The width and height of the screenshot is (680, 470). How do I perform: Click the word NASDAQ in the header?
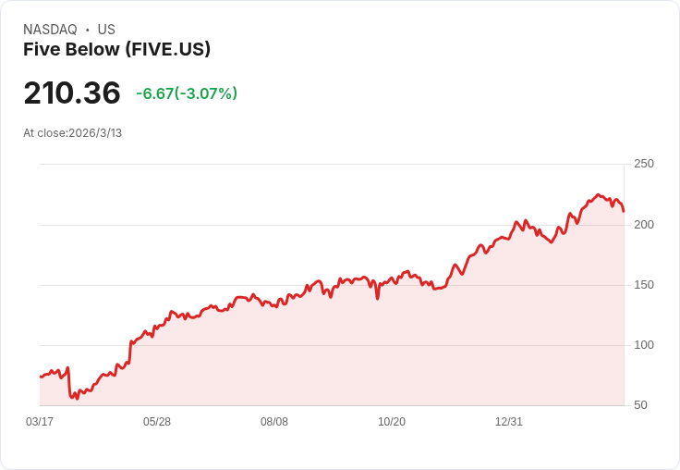pos(50,30)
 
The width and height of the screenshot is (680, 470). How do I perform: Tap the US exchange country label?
pos(106,30)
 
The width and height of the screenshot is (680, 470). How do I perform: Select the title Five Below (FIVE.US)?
pos(116,49)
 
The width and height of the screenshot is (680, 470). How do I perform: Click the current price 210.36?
pos(72,93)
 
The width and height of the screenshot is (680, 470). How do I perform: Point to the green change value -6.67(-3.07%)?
pos(187,93)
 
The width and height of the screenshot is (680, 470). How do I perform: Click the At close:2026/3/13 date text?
pos(73,132)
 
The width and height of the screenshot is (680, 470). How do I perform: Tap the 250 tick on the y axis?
pos(643,164)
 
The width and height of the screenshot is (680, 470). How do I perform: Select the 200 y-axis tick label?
pos(643,224)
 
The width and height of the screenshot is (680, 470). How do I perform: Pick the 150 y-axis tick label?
pos(643,284)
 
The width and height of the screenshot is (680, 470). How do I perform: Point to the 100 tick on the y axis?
pos(643,345)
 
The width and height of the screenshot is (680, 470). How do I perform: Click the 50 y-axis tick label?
pos(640,405)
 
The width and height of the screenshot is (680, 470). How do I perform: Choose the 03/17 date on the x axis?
pos(40,422)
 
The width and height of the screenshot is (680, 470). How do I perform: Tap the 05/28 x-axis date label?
pos(157,422)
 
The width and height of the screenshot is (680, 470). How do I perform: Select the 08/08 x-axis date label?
pos(274,422)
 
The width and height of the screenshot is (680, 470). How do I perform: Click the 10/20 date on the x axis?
pos(392,422)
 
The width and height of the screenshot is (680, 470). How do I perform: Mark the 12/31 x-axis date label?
pos(509,422)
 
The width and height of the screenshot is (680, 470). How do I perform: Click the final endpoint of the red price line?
pos(624,211)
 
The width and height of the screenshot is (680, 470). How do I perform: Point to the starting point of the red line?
pos(41,377)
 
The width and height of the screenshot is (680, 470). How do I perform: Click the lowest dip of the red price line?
pos(78,399)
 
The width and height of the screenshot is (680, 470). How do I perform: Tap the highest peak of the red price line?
pos(598,194)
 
